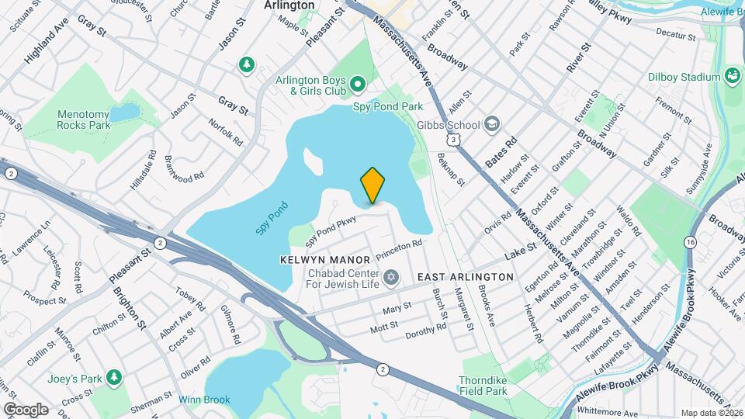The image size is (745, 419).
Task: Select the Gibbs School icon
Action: pyautogui.click(x=491, y=124)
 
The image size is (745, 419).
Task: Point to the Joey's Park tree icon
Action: pyautogui.click(x=115, y=377)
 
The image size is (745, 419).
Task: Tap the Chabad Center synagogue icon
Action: pyautogui.click(x=391, y=277)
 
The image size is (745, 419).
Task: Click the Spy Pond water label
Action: pyautogui.click(x=273, y=218)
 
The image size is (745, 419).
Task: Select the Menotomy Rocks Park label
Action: pyautogui.click(x=83, y=119)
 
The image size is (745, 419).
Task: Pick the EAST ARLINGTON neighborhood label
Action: pyautogui.click(x=466, y=277)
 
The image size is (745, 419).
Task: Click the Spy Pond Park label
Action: pyautogui.click(x=388, y=106)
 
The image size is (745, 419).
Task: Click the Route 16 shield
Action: pyautogui.click(x=690, y=243)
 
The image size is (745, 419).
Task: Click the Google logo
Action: pyautogui.click(x=26, y=410)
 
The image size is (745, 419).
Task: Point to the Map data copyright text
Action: pyautogui.click(x=711, y=413)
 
